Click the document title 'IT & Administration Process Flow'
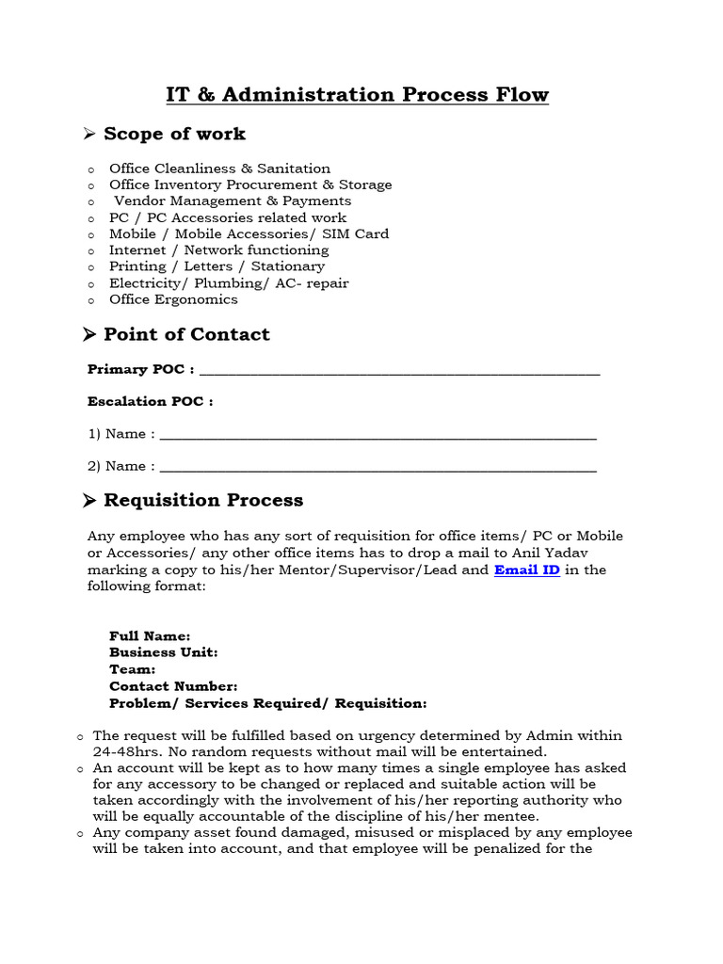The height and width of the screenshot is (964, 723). tap(357, 95)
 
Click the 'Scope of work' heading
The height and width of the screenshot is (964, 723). tap(174, 135)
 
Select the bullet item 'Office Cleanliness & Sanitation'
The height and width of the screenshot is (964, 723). tap(219, 169)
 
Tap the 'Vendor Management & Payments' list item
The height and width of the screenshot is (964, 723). tap(232, 201)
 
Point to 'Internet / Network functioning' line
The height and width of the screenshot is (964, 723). tap(218, 250)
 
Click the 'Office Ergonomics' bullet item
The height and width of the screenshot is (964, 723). tap(173, 299)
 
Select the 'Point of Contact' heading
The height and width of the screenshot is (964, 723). tap(186, 335)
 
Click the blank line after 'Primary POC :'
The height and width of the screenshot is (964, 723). tap(399, 370)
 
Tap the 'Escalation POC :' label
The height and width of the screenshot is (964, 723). tap(151, 402)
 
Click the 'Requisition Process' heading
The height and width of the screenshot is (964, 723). tap(203, 500)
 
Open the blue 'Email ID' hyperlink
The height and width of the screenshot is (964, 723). tap(526, 570)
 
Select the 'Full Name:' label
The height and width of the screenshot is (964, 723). tap(150, 636)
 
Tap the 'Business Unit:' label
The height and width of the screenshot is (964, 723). tap(164, 652)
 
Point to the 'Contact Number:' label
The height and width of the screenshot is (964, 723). tap(173, 687)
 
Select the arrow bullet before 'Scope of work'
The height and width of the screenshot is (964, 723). tap(90, 136)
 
